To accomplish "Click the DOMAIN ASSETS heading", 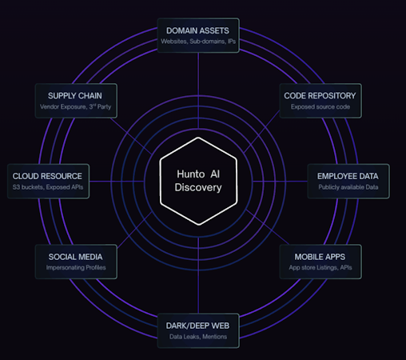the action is pos(197,30).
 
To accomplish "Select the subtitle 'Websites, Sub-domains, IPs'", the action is pos(198,42).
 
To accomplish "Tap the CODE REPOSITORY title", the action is pos(320,96).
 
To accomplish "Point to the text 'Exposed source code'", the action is pos(320,106).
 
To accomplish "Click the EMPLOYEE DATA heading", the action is pos(348,176).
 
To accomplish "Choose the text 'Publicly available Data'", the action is pos(348,187).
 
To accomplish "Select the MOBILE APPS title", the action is pos(320,257).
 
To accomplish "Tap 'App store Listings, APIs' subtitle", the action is pos(320,267).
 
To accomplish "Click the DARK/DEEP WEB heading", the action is pos(197,326).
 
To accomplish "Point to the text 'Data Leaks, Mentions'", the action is pos(198,337).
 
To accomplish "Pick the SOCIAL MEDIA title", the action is pos(75,257).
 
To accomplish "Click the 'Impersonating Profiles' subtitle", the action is pos(76,267).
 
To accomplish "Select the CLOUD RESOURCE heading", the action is pos(47,176).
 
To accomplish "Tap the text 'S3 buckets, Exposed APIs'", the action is pos(48,187).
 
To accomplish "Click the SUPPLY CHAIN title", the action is pos(75,96).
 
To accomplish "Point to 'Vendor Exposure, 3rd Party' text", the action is pos(76,106).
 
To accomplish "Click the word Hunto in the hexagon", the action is pos(191,174).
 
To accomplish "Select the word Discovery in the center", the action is pos(198,187).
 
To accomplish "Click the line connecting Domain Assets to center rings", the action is pos(198,90).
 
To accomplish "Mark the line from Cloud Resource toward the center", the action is pos(117,182).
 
